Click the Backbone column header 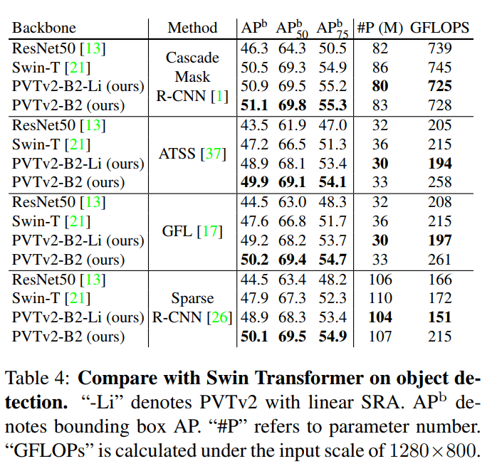[44, 28]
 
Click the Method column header [192, 28]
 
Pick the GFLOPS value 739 [441, 48]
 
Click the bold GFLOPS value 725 [441, 87]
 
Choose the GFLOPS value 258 [441, 183]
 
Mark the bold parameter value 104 [380, 318]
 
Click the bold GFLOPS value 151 [441, 318]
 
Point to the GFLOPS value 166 [441, 280]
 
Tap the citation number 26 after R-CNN [218, 318]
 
